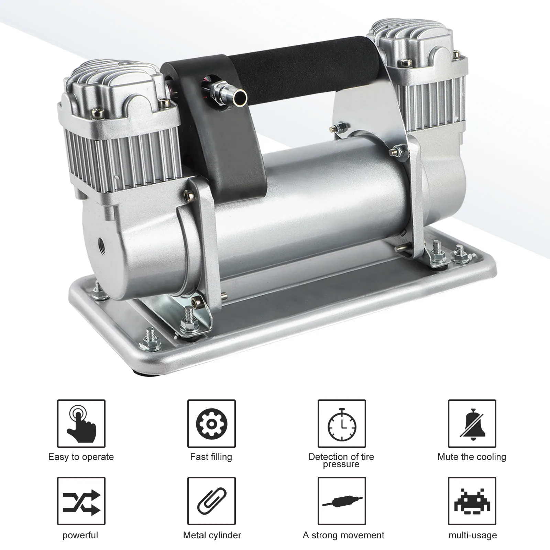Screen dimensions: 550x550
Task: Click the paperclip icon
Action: pos(211,501)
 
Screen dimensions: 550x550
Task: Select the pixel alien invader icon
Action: pos(472,501)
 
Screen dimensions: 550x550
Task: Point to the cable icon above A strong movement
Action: pos(342,501)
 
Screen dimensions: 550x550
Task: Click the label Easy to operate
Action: pos(81,457)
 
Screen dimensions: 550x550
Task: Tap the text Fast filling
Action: pos(211,457)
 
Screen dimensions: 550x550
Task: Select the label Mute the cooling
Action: pos(472,457)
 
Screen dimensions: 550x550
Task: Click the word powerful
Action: pos(80,535)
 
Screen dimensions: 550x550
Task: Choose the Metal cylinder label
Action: pos(212,535)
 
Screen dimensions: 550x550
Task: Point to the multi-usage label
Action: pos(473,535)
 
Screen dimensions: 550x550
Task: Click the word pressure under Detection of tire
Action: pos(341,464)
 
